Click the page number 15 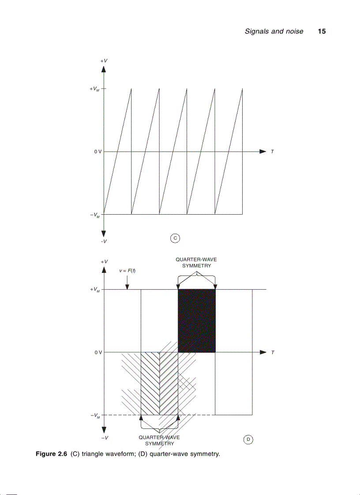321,31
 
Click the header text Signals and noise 274,31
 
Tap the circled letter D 248,439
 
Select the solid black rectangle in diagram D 196,321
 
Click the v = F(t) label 127,270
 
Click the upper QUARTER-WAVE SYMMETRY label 196,263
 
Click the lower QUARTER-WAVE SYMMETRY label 159,440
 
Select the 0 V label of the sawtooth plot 97,152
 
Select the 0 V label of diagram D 97,353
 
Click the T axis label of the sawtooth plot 272,152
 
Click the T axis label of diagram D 272,353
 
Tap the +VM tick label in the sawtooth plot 94,89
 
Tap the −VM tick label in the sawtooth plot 94,215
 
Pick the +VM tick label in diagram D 94,290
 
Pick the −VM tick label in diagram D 94,415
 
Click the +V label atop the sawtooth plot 104,60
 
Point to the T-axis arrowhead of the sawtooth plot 263,152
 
